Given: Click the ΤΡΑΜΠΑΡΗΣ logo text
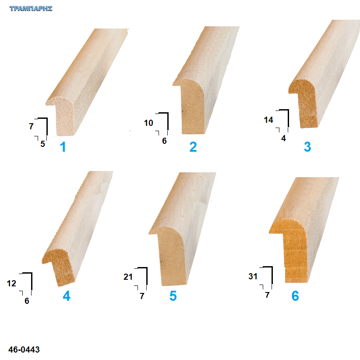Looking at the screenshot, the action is (x=31, y=8).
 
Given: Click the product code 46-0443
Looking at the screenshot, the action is (x=24, y=349).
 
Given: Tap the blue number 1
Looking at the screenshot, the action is (x=63, y=146).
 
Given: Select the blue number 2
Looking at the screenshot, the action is (x=193, y=146).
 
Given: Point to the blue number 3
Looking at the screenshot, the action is (x=307, y=146).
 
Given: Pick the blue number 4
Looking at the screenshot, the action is (x=67, y=296).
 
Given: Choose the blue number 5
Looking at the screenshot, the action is (x=173, y=296).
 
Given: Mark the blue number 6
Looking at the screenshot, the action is (x=295, y=296).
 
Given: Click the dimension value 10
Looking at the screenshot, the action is (x=148, y=123).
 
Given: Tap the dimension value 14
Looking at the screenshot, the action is (x=268, y=120).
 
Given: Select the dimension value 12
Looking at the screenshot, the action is (x=11, y=283).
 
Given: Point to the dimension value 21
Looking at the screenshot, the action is (x=128, y=277).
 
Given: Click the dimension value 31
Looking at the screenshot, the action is (x=253, y=276).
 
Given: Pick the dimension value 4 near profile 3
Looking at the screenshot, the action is (x=283, y=138).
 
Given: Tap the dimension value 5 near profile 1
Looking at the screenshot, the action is (x=43, y=144).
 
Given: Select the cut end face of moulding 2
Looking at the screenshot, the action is (x=191, y=106).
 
